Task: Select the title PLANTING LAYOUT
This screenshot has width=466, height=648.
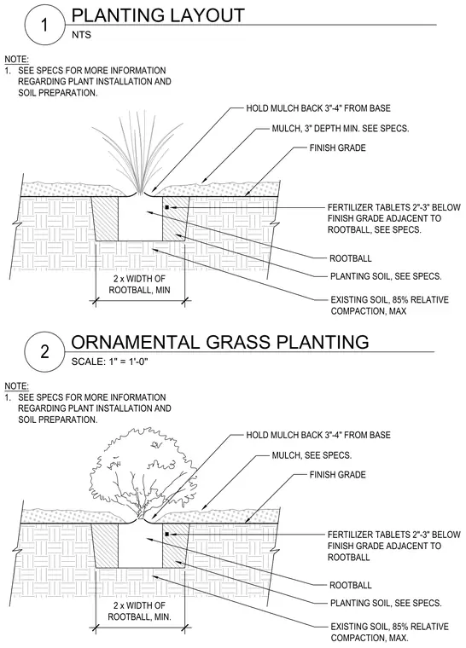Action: [x=158, y=14]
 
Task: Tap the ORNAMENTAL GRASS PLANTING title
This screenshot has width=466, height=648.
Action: [x=220, y=342]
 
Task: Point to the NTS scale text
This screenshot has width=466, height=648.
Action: [x=81, y=35]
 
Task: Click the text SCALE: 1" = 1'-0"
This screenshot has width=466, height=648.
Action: [x=109, y=362]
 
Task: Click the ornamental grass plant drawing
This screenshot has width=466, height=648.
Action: [x=137, y=152]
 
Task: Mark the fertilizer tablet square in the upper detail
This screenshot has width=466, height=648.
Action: [x=166, y=206]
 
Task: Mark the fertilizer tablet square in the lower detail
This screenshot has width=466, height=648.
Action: [x=166, y=534]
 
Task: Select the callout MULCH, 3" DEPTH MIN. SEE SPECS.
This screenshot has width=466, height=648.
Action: [x=341, y=129]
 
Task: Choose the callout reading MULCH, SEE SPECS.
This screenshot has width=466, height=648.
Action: [x=312, y=455]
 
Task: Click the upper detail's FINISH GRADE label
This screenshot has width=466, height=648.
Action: [x=338, y=148]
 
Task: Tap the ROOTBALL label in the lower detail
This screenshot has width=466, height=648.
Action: [x=351, y=585]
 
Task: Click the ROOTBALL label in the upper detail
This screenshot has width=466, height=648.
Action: [x=351, y=258]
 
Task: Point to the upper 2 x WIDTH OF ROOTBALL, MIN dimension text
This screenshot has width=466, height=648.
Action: [x=139, y=284]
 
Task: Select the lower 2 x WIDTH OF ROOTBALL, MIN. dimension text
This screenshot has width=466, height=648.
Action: [x=139, y=611]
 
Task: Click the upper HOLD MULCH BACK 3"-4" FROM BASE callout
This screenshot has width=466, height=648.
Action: [x=318, y=108]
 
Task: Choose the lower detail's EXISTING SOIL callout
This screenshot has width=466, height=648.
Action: [x=389, y=632]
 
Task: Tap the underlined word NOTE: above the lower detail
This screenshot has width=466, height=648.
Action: [x=16, y=386]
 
